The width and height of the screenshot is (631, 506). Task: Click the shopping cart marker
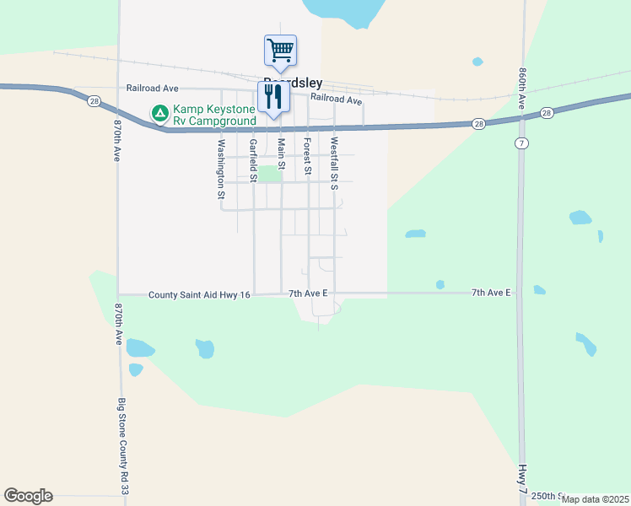(280, 49)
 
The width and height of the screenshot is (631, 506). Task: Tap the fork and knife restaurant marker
(272, 97)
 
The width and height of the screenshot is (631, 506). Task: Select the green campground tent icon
(159, 111)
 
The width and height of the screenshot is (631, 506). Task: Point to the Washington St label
(221, 169)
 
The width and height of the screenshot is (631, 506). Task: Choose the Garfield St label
(252, 159)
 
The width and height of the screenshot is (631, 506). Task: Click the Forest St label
(308, 157)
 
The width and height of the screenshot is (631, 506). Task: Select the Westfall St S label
(334, 164)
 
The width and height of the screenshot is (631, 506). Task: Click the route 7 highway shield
(523, 143)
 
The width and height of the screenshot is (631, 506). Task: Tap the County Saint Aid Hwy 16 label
(200, 295)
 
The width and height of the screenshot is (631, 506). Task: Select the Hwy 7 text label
(523, 477)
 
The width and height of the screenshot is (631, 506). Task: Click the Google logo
(28, 496)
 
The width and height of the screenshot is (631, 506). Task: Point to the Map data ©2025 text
(595, 499)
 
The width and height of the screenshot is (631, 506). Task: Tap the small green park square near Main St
(268, 174)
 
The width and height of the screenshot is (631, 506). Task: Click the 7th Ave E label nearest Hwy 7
(491, 293)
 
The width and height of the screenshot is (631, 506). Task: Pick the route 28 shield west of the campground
(93, 101)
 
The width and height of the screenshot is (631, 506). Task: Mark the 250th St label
(548, 496)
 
